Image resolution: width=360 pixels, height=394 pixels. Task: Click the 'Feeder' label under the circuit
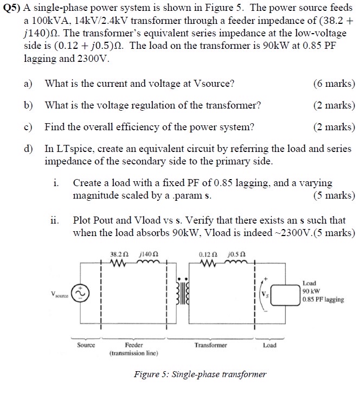click(x=133, y=345)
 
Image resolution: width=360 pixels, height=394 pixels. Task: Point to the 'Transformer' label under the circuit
click(x=211, y=345)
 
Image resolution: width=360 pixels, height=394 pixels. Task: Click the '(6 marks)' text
click(x=334, y=84)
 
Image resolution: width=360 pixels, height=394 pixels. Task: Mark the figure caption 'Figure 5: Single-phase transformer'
click(x=200, y=374)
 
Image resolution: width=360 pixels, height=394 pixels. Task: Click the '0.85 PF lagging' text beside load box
click(x=323, y=299)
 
